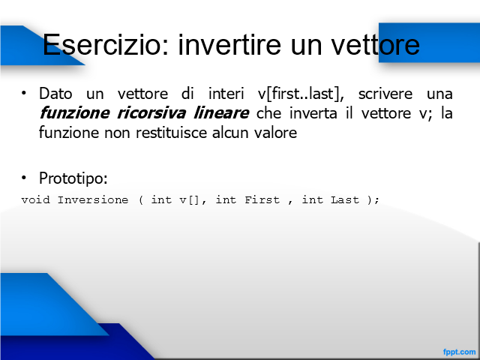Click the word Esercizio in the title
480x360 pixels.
point(106,45)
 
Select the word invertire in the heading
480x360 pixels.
point(229,45)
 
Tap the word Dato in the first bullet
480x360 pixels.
point(55,93)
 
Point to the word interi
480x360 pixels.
point(226,93)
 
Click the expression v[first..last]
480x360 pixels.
point(301,94)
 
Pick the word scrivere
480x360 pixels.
point(385,93)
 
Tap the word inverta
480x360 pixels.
point(313,113)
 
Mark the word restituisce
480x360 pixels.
point(171,133)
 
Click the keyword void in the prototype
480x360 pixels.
point(35,200)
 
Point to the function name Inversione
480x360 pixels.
point(93,200)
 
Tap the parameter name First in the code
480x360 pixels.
point(262,200)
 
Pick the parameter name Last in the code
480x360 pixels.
point(345,200)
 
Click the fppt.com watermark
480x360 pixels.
point(459,352)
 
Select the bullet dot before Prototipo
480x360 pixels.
point(24,178)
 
